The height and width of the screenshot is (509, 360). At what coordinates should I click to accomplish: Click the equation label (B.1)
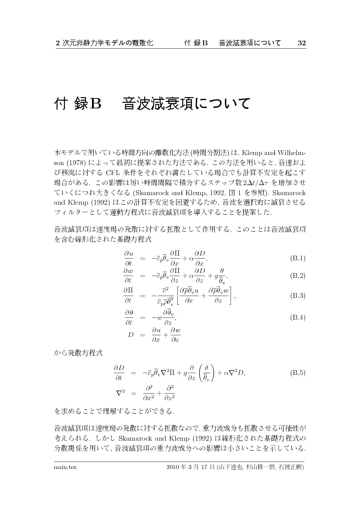[297, 258]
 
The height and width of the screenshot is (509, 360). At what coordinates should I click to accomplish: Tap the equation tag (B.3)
[297, 296]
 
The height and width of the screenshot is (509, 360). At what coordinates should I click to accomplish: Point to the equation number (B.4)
[297, 317]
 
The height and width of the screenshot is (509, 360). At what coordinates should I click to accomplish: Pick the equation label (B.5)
[297, 373]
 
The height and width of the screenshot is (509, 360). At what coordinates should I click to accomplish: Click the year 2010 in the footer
[173, 467]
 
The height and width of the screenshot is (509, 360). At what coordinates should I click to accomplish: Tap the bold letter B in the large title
[95, 104]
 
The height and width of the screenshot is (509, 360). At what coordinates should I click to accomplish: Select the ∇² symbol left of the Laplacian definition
[120, 391]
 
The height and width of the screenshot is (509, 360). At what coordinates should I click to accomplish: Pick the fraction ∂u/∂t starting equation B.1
[128, 258]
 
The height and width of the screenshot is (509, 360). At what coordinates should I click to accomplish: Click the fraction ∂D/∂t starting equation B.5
[119, 373]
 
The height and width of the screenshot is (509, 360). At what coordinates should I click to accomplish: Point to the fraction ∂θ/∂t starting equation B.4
[129, 317]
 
